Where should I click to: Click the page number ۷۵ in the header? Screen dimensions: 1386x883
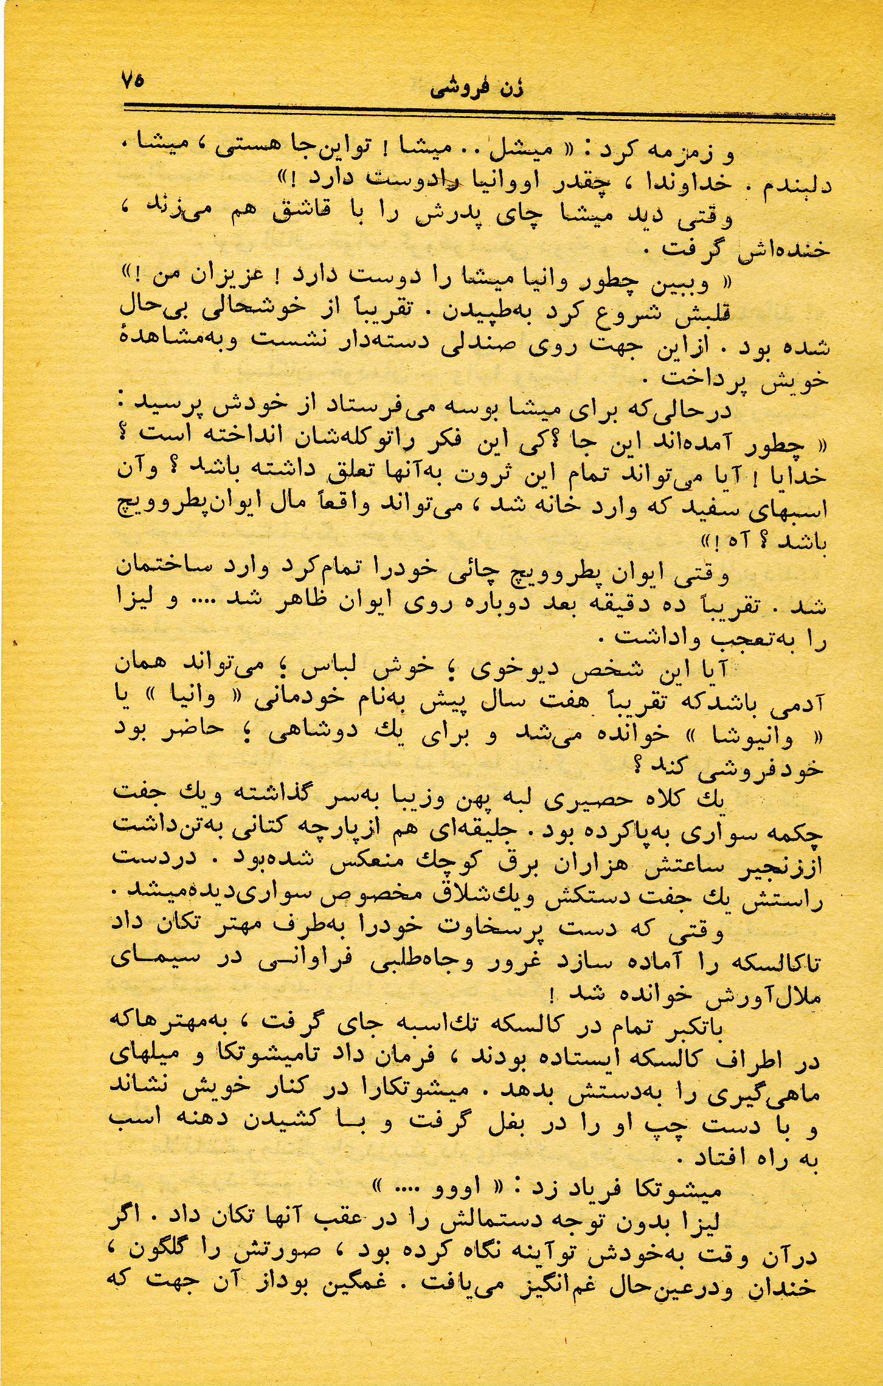132,81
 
